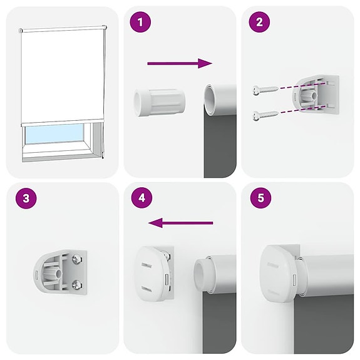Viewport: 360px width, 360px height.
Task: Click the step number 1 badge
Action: [x=140, y=23]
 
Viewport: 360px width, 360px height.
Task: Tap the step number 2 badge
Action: [x=259, y=23]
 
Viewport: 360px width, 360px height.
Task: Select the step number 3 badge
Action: [x=24, y=199]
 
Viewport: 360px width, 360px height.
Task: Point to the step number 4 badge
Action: [x=141, y=199]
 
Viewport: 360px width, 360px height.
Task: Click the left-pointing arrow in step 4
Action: [x=181, y=222]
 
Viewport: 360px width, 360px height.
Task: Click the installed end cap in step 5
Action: [x=277, y=273]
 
